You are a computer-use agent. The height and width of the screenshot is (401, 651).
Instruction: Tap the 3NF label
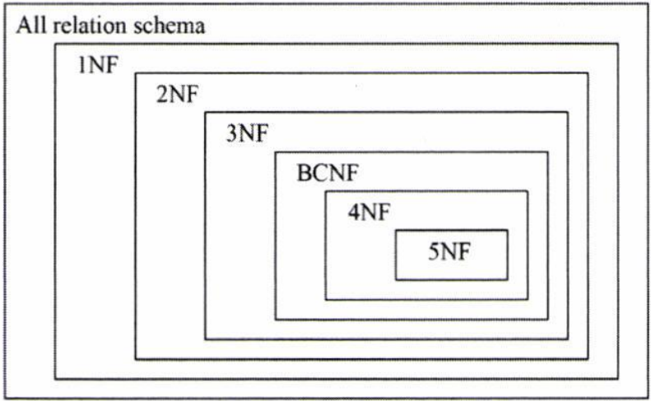247,133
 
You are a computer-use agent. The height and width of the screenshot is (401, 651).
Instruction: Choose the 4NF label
368,212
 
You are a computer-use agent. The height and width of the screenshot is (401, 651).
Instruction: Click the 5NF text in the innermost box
452,253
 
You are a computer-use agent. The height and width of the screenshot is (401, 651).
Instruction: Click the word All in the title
30,26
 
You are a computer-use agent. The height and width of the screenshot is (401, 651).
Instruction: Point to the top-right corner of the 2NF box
588,73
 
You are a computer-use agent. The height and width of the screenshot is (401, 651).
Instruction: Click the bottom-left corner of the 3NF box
206,338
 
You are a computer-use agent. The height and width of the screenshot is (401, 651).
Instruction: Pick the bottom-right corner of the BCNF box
547,319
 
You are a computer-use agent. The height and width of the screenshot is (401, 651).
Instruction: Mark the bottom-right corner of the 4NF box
528,299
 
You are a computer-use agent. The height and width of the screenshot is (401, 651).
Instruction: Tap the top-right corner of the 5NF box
507,231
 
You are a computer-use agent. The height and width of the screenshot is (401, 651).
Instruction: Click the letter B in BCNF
301,174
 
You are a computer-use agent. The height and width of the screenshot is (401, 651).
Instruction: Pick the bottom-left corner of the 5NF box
397,279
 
